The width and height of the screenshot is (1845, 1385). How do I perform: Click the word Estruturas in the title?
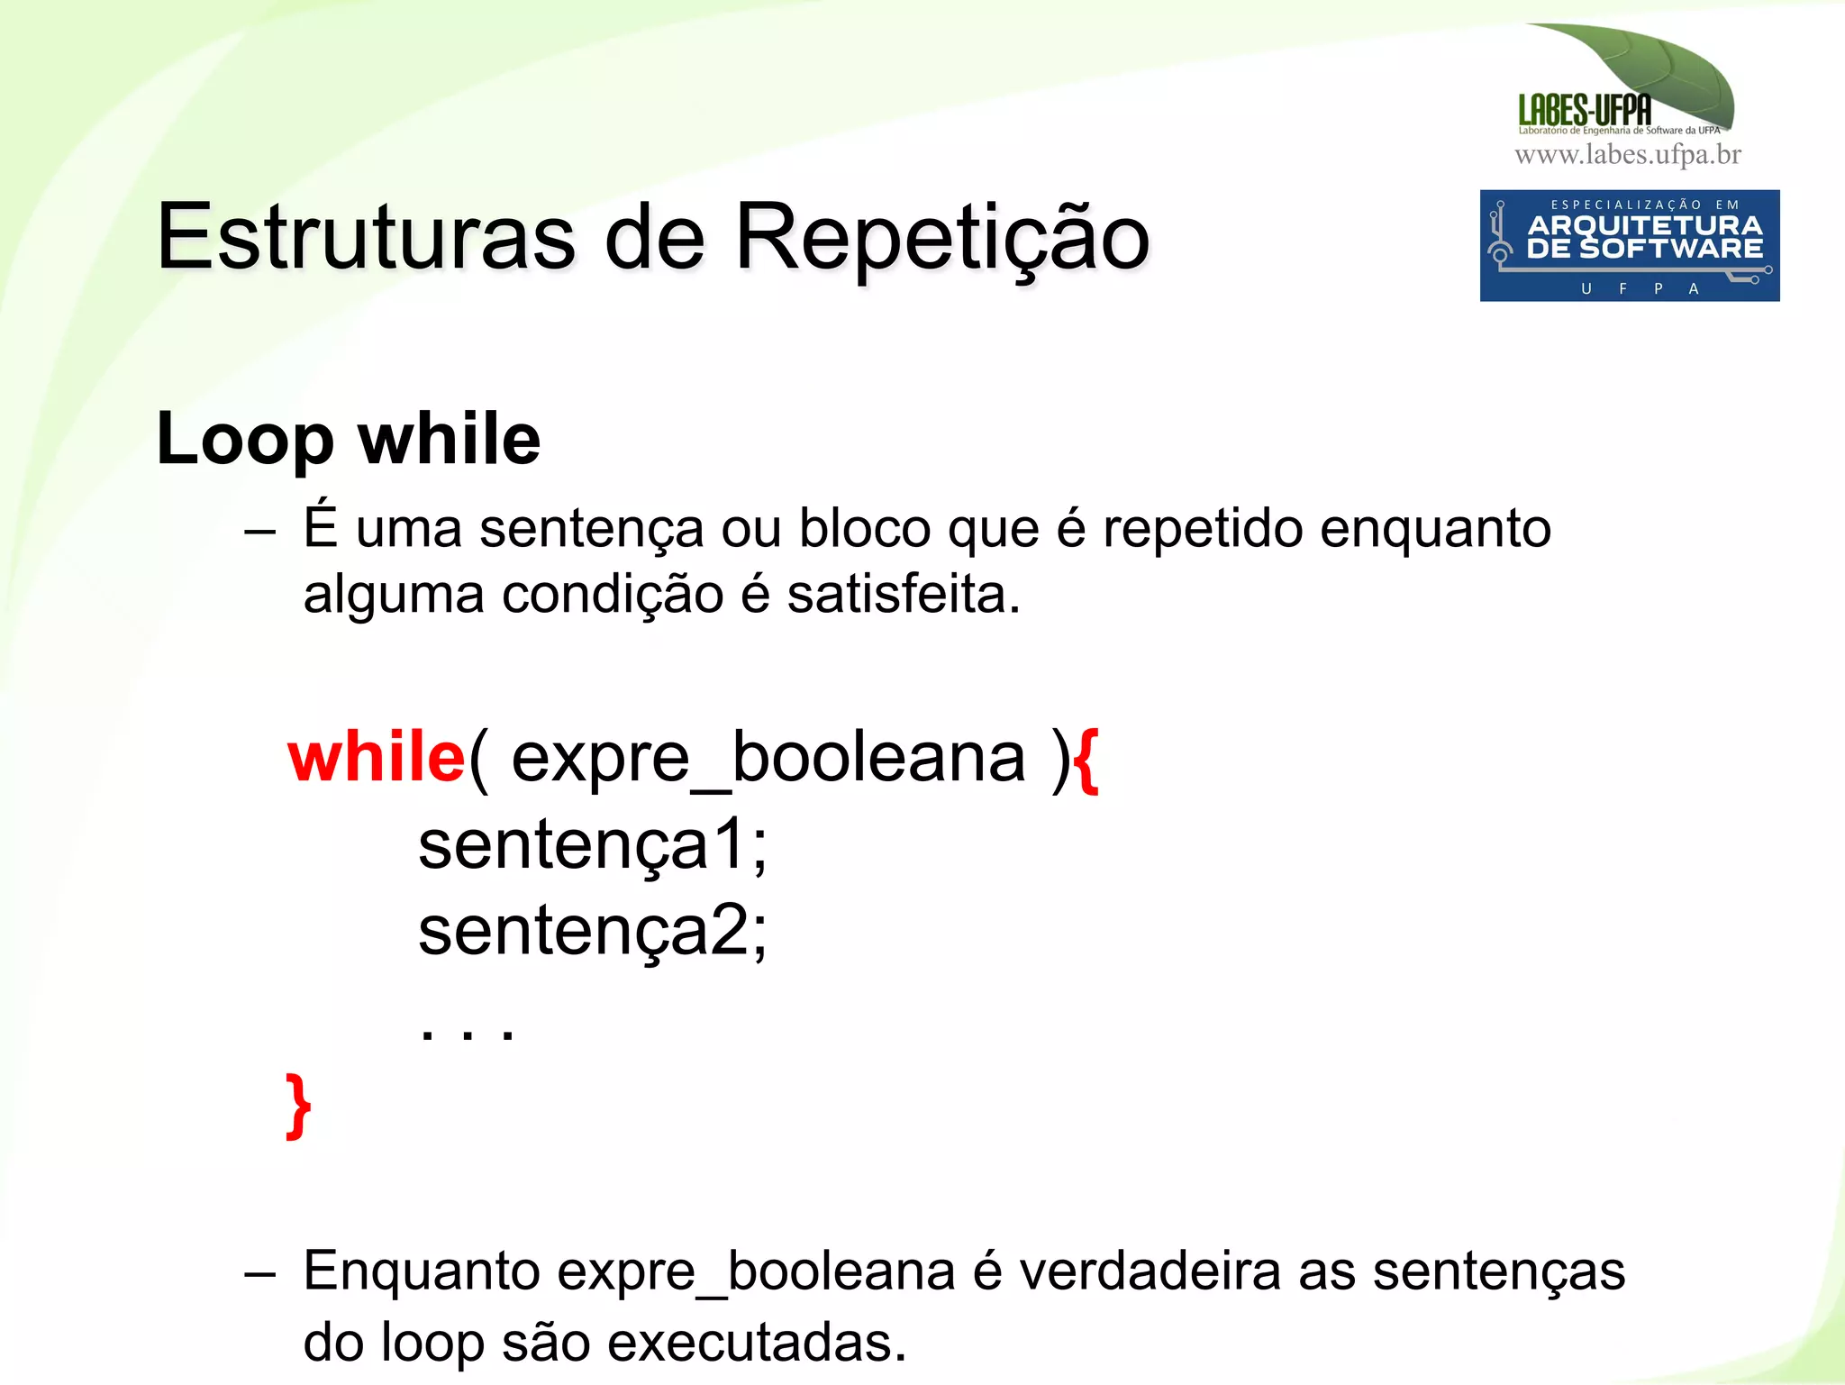365,238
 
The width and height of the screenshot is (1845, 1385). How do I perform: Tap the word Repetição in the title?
941,238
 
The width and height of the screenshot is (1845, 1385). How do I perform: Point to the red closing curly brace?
298,1106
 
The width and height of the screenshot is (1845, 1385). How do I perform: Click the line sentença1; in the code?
592,844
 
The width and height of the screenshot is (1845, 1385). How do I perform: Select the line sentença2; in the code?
592,930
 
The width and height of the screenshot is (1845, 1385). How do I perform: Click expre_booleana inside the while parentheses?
768,759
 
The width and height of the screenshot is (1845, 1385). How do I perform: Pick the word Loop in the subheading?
244,440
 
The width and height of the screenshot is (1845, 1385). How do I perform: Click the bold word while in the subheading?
449,438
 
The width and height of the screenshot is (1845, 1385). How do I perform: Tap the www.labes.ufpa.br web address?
1627,155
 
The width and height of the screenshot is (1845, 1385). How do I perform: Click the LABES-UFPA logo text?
1584,110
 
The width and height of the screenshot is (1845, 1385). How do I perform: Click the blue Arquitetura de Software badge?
1629,245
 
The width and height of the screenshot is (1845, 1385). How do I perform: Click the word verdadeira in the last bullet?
1150,1271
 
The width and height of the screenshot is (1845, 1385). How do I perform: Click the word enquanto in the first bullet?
1434,528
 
